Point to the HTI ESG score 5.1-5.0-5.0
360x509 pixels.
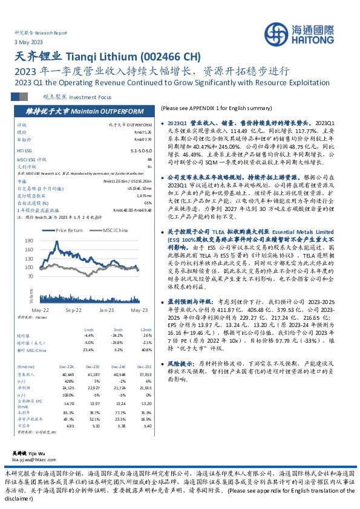click(139, 149)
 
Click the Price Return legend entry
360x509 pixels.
click(68, 230)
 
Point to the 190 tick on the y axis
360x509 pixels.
click(29, 240)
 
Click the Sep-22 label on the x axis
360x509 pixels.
click(74, 310)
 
